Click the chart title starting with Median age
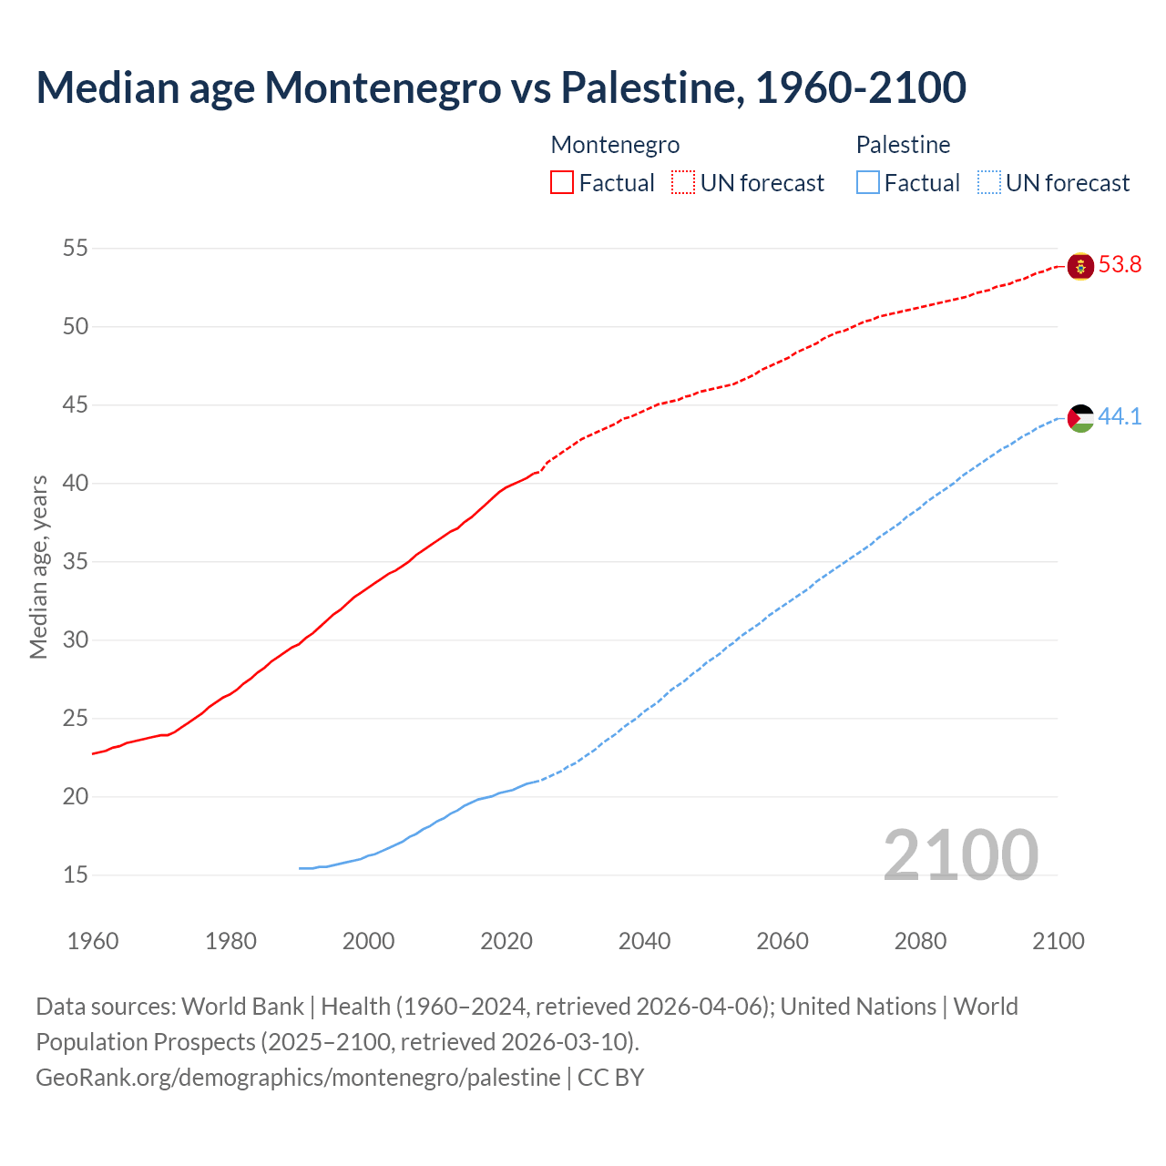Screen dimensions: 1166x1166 (501, 88)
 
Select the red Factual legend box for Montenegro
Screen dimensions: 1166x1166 (562, 183)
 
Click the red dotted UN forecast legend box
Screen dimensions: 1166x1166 (683, 183)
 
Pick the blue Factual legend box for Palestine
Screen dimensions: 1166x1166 (868, 183)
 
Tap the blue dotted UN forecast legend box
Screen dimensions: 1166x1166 (988, 183)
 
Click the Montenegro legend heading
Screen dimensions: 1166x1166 (615, 145)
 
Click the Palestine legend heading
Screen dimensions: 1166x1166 (903, 145)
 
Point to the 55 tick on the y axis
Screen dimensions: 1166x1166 (76, 248)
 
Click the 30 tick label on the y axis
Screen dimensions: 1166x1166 (76, 639)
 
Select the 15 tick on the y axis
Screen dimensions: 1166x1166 (76, 874)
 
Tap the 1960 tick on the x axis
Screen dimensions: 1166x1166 (93, 941)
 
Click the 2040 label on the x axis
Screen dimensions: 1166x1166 (644, 941)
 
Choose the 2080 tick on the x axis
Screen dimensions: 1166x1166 (920, 941)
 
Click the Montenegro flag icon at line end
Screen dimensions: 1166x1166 (1080, 266)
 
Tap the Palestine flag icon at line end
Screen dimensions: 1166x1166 (1080, 418)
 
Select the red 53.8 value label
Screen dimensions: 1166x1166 (1120, 265)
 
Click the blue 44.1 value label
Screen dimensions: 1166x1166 (1120, 417)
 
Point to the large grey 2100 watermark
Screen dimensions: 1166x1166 (960, 854)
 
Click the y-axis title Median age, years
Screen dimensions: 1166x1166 (38, 567)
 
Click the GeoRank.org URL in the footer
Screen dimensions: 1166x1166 (298, 1078)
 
